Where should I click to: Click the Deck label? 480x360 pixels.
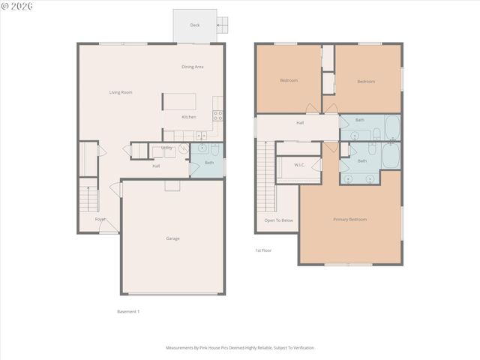pyautogui.click(x=195, y=25)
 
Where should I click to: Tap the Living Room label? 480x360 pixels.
pyautogui.click(x=121, y=92)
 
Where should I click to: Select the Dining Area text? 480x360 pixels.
pyautogui.click(x=193, y=67)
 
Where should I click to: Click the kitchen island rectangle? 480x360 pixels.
pyautogui.click(x=180, y=101)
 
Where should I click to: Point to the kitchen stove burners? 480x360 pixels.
pyautogui.click(x=217, y=115)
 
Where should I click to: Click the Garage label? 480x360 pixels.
pyautogui.click(x=172, y=238)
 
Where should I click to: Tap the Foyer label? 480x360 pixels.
pyautogui.click(x=100, y=219)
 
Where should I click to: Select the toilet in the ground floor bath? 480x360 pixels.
pyautogui.click(x=214, y=149)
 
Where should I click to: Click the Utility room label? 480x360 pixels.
pyautogui.click(x=166, y=148)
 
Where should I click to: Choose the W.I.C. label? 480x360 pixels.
pyautogui.click(x=298, y=164)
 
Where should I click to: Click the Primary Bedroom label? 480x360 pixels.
pyautogui.click(x=350, y=219)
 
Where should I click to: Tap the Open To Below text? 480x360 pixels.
pyautogui.click(x=278, y=220)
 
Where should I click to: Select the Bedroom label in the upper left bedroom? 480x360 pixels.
pyautogui.click(x=289, y=80)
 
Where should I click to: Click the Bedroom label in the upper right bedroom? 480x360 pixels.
pyautogui.click(x=365, y=81)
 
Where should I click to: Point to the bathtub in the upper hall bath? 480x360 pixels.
pyautogui.click(x=391, y=127)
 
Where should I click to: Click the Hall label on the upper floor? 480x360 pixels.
pyautogui.click(x=300, y=122)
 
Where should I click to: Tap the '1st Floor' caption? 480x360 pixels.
pyautogui.click(x=263, y=250)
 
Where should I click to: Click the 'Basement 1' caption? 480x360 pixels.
pyautogui.click(x=128, y=311)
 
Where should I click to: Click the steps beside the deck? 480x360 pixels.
pyautogui.click(x=223, y=25)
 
